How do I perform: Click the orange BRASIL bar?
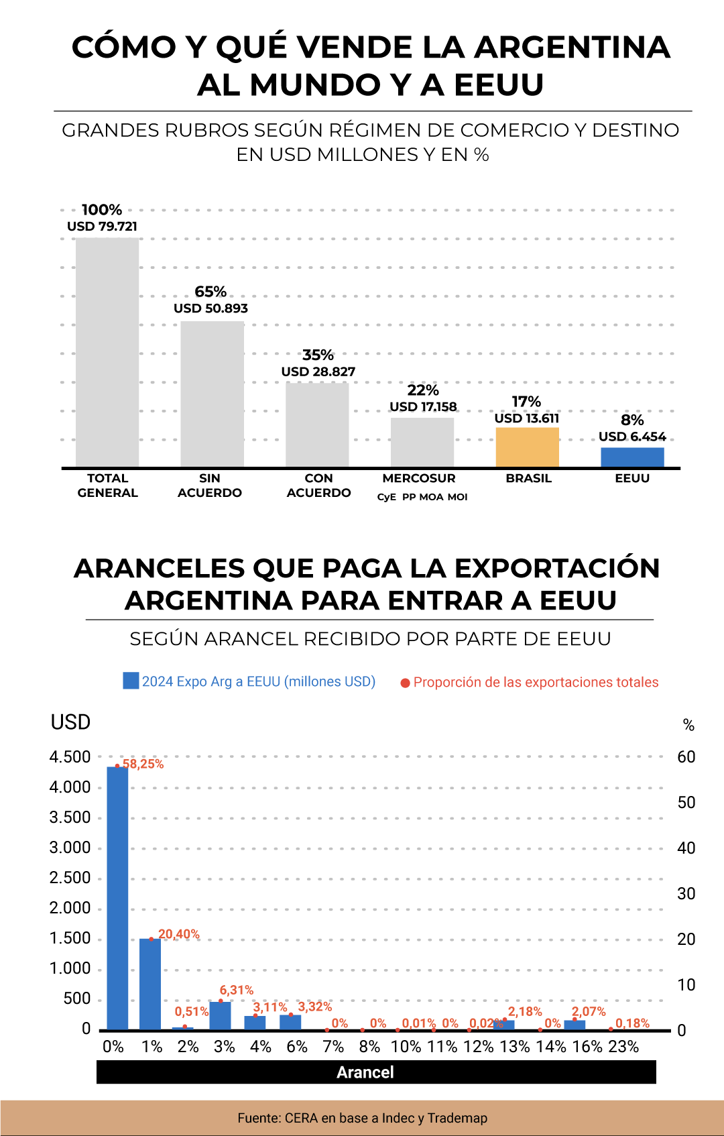[x=527, y=447]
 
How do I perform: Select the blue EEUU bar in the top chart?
[x=632, y=457]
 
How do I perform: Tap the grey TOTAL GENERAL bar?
[x=107, y=352]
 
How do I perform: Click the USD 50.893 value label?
[x=210, y=308]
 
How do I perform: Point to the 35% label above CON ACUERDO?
[x=318, y=355]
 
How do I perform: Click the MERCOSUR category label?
[x=419, y=478]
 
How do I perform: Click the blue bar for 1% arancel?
[x=150, y=984]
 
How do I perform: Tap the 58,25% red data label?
[x=143, y=764]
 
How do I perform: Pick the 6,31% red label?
[x=237, y=990]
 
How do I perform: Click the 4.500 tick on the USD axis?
[x=70, y=757]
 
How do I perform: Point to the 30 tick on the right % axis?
[x=686, y=893]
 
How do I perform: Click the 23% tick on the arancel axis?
[x=623, y=1047]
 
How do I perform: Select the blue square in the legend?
[x=131, y=681]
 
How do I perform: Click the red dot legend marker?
[x=405, y=683]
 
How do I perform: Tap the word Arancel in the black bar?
[x=365, y=1072]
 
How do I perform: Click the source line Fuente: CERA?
[x=362, y=1118]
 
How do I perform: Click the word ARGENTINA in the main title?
[x=572, y=48]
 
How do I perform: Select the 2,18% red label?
[x=525, y=1011]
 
